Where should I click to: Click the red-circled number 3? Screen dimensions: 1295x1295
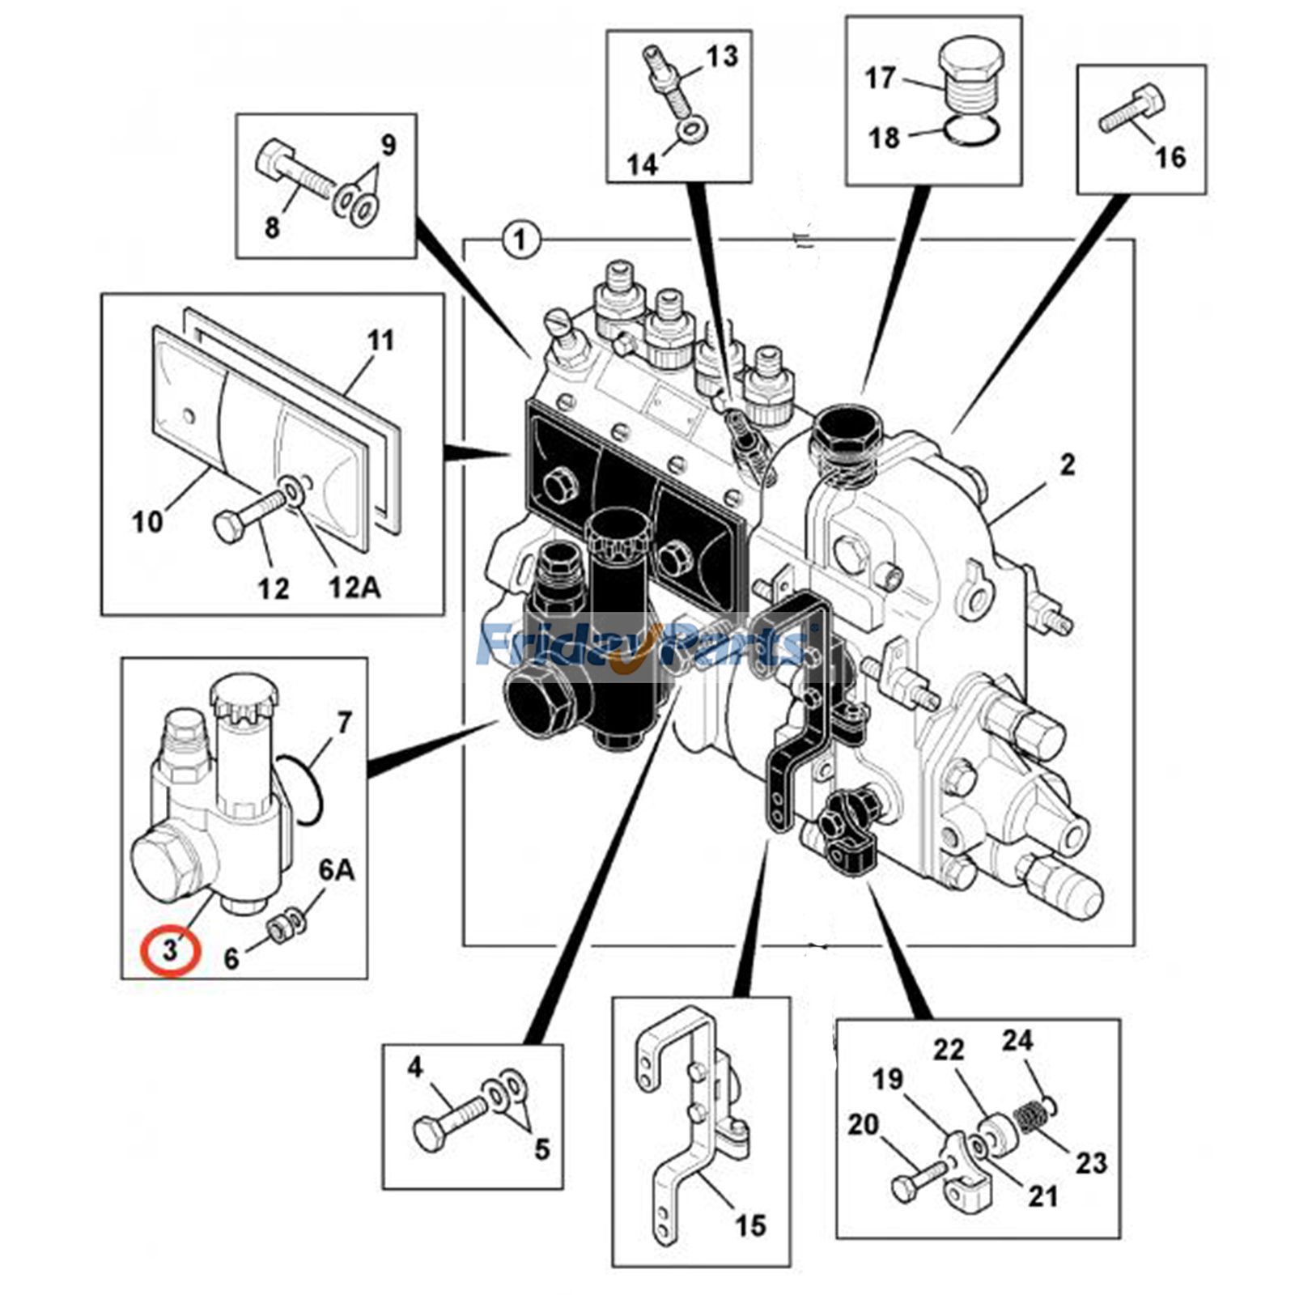170,949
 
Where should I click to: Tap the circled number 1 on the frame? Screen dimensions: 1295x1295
520,240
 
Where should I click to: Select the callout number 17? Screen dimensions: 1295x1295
880,79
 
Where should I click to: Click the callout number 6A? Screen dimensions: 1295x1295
336,871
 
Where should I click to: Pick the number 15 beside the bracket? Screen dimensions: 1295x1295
749,1225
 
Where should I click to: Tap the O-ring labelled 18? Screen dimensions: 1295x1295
971,129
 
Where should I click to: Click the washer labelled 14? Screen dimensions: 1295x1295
691,130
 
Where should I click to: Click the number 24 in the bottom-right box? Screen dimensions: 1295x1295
1017,1040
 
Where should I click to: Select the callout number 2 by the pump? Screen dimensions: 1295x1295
1068,465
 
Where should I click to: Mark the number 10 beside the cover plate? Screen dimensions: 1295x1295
147,522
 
